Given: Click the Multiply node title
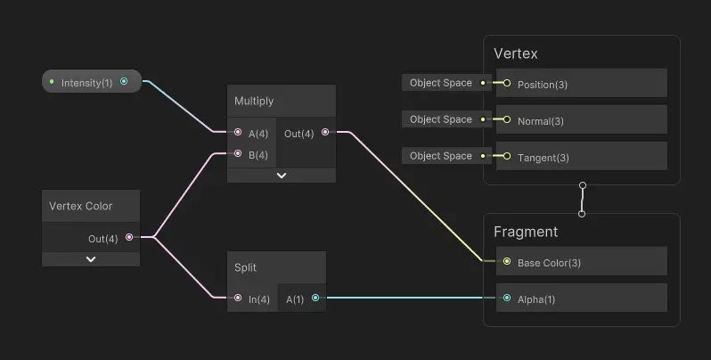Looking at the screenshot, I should (x=254, y=101).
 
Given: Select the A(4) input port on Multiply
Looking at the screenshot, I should (x=238, y=133).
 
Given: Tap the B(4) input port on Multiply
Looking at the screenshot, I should (x=238, y=154).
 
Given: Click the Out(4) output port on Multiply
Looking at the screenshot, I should (x=324, y=133).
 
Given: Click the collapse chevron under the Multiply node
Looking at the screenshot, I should (x=282, y=176).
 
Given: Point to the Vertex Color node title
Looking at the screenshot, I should (x=80, y=206).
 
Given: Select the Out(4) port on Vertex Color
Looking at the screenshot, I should (x=129, y=238).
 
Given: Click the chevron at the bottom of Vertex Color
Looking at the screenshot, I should (x=91, y=259).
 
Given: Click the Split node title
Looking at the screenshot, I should (x=245, y=267).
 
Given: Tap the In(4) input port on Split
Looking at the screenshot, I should (x=238, y=299).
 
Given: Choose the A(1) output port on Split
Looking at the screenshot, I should (x=315, y=299).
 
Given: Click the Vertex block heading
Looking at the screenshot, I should (x=516, y=53).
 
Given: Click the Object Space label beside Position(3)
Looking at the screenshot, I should (x=440, y=83).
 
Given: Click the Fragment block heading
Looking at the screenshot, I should (x=526, y=232).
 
